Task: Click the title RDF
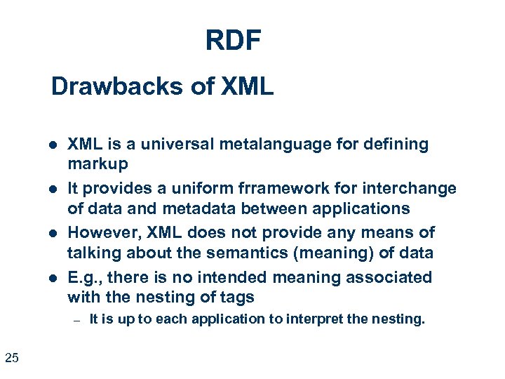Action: point(233,41)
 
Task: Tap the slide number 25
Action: point(12,359)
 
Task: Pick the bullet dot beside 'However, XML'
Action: point(53,233)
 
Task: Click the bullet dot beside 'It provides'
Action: point(53,189)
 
